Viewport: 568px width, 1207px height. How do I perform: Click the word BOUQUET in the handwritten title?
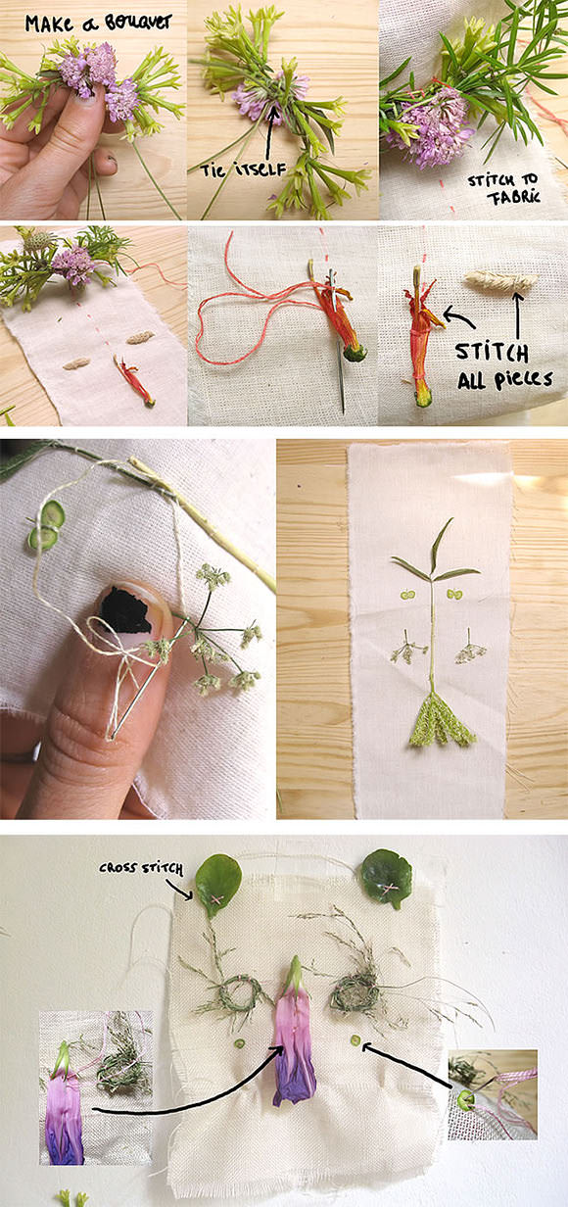pos(138,24)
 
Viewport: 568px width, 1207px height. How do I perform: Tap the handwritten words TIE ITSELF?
pos(243,170)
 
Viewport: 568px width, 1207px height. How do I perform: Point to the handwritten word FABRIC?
pos(512,198)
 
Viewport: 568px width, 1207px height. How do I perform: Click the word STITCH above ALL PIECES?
pos(492,353)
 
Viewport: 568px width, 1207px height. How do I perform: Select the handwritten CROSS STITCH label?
pos(141,868)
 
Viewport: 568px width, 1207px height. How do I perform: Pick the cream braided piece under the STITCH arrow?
pos(501,281)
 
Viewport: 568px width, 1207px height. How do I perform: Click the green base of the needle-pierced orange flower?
pos(355,353)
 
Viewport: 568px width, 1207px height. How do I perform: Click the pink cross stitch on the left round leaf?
pos(217,898)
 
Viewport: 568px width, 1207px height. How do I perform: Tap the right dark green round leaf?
pos(387,878)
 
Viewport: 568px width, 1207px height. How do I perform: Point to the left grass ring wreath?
pos(238,992)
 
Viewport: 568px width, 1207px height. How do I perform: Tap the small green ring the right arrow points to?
pos(355,1039)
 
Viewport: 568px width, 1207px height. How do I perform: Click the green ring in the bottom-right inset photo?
pos(464,1098)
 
